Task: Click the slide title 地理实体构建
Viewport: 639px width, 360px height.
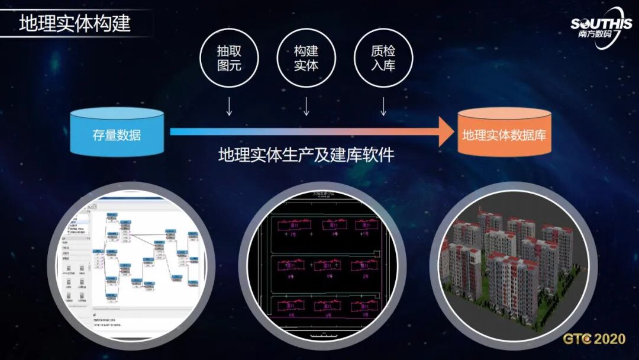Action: [75, 24]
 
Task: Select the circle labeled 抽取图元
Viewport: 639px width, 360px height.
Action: [230, 57]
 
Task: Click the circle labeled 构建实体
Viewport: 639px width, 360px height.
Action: [306, 57]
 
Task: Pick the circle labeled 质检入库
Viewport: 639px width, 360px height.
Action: [383, 57]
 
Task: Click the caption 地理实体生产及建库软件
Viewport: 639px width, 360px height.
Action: [306, 156]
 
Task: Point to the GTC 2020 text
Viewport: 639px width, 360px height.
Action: [593, 339]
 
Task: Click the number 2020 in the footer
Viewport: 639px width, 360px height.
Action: [609, 339]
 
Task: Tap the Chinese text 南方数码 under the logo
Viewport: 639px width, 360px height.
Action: [592, 34]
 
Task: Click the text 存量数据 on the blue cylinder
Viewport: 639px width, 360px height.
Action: [117, 136]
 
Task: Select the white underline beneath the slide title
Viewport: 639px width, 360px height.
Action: [77, 37]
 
